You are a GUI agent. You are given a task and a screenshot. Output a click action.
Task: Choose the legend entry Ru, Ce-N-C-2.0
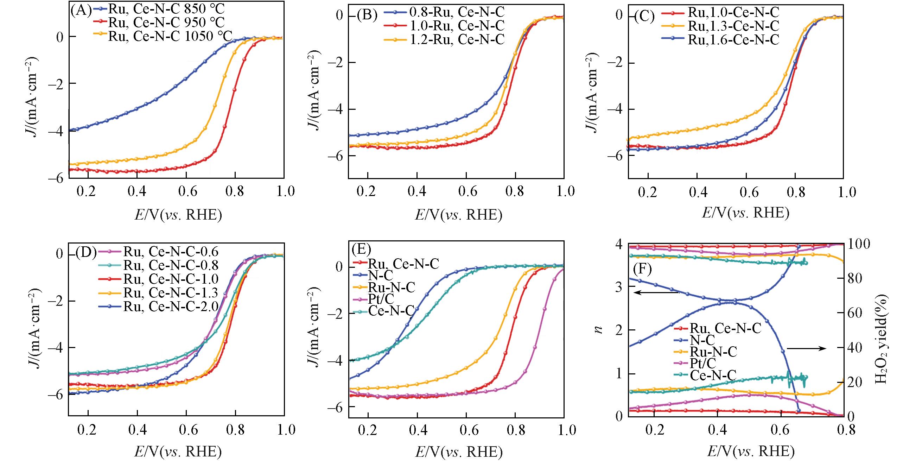(171, 307)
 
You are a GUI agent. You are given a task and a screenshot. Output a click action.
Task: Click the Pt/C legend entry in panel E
(381, 299)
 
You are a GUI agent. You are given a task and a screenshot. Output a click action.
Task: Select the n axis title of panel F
(599, 329)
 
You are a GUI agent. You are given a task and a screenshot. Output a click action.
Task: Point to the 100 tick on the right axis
(861, 244)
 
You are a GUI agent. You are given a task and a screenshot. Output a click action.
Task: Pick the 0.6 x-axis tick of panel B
(466, 192)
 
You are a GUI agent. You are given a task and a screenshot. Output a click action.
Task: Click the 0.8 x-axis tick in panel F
(843, 430)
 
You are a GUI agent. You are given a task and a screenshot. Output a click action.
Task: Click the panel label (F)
(642, 270)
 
